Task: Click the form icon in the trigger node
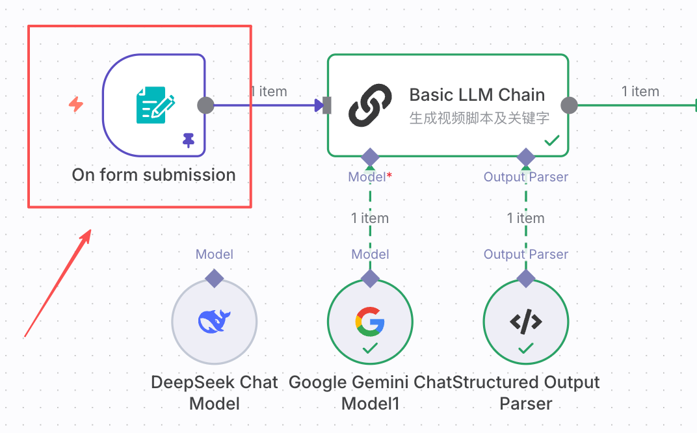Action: [x=155, y=105]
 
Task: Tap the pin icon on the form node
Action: [x=189, y=140]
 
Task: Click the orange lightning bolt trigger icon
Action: [x=76, y=104]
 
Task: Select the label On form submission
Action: [x=153, y=175]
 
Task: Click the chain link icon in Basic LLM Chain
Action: [x=370, y=105]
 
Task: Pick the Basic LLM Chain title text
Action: [x=477, y=95]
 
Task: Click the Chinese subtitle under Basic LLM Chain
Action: [x=479, y=118]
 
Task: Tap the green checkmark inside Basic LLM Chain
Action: [x=552, y=140]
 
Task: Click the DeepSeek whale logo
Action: [x=215, y=321]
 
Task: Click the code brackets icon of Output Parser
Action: [x=525, y=321]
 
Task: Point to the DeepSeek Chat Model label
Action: [x=215, y=392]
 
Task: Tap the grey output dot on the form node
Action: [x=205, y=105]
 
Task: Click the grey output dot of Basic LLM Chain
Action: [x=569, y=105]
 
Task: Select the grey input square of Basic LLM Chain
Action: [x=327, y=105]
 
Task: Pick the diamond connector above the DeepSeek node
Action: [x=215, y=279]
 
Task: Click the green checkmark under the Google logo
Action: [x=370, y=349]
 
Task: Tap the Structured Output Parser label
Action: [x=526, y=392]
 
